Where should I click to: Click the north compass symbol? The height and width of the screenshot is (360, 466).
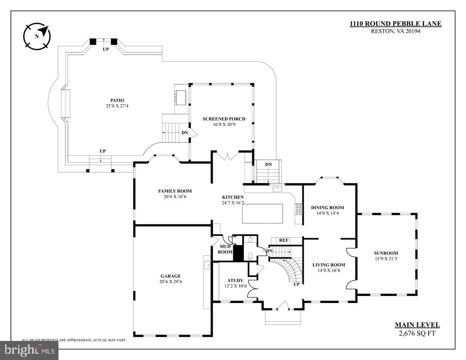click(37, 36)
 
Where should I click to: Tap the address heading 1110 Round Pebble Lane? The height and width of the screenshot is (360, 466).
click(396, 24)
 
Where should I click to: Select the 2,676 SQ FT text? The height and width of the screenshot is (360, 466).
click(417, 333)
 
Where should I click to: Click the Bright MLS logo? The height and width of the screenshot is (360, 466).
click(29, 350)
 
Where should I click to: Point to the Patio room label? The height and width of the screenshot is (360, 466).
click(117, 100)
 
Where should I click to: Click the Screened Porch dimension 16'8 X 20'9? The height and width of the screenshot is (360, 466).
click(224, 124)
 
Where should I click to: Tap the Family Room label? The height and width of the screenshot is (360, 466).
click(175, 191)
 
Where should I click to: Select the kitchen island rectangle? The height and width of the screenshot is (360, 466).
click(262, 214)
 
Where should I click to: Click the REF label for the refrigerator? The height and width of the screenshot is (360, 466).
click(284, 240)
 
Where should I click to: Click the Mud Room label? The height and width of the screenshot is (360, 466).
click(225, 249)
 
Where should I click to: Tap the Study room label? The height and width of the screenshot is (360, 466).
click(235, 281)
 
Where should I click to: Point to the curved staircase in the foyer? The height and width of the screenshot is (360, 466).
click(292, 270)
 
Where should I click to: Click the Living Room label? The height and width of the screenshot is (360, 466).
click(328, 265)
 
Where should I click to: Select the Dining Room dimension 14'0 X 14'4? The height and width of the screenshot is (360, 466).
click(327, 213)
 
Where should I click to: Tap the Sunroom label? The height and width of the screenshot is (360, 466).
click(386, 253)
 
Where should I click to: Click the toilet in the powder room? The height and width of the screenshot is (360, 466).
click(250, 256)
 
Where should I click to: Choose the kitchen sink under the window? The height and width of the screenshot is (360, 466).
click(277, 188)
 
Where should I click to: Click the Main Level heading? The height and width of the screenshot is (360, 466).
click(417, 325)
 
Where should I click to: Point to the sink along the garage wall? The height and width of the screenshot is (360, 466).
click(207, 265)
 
